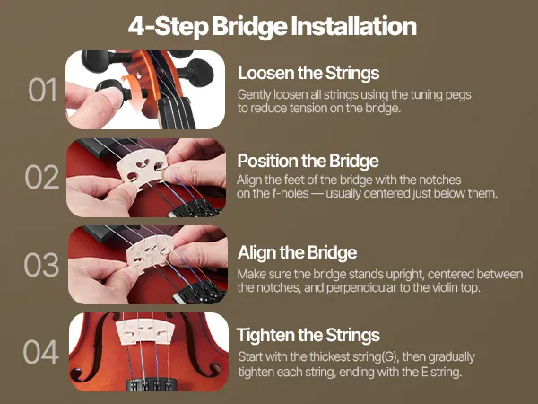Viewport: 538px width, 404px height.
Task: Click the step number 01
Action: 42,90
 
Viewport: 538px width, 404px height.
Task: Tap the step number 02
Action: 42,177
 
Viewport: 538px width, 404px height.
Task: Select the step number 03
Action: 41,265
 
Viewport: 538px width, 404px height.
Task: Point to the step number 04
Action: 41,352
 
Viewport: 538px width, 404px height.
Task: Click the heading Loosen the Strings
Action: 308,73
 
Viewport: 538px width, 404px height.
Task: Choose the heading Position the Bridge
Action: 308,161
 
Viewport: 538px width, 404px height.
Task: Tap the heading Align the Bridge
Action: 297,252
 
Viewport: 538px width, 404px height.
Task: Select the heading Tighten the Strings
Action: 308,335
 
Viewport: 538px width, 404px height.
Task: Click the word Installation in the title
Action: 354,26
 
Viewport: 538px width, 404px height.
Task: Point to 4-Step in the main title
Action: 169,26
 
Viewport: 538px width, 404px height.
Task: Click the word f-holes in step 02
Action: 291,193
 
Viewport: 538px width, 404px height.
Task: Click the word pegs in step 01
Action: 458,95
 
